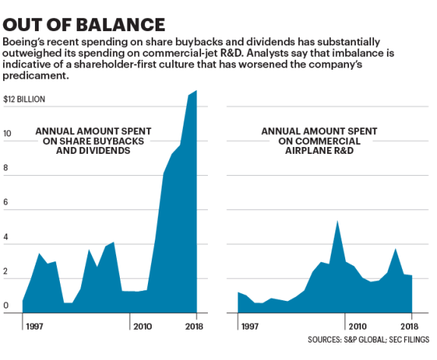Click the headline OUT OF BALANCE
point(85,22)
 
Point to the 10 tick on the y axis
point(7,133)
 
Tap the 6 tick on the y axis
point(7,202)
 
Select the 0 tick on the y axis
point(7,306)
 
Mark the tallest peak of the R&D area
point(337,221)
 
